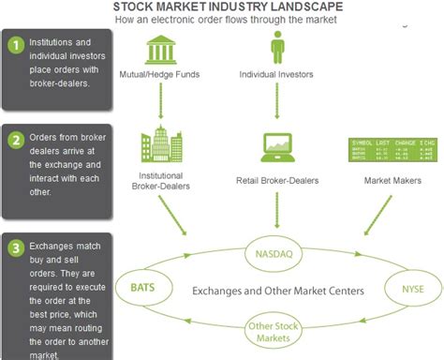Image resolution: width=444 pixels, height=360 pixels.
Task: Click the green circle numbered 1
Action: [14, 44]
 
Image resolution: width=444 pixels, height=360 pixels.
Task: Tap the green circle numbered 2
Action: [14, 142]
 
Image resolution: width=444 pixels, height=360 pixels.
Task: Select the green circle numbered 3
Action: [14, 249]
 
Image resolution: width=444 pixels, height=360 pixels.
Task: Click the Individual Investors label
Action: [276, 74]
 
